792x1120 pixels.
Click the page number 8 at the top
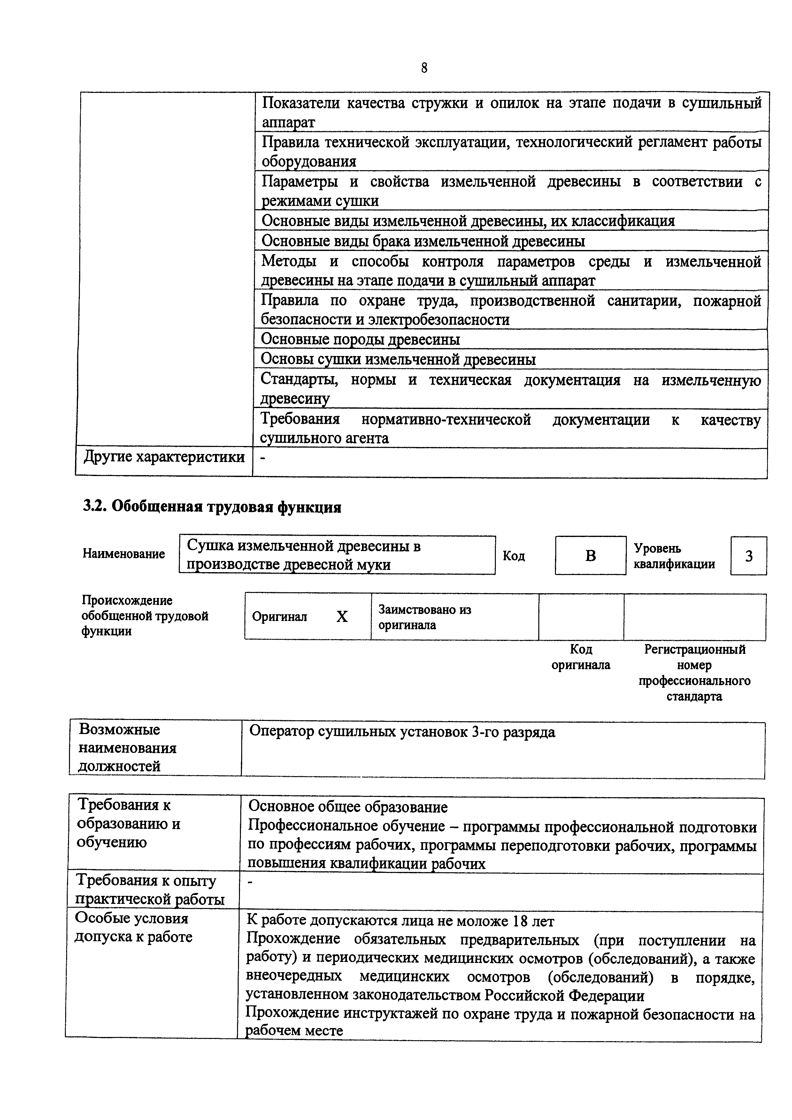[424, 68]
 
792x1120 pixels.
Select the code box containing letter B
[590, 556]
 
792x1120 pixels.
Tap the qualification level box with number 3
[748, 556]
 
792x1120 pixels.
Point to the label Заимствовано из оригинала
[425, 617]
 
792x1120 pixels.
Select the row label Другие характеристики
[164, 457]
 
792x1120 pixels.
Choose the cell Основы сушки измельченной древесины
[398, 359]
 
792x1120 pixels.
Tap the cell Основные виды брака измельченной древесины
[423, 241]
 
